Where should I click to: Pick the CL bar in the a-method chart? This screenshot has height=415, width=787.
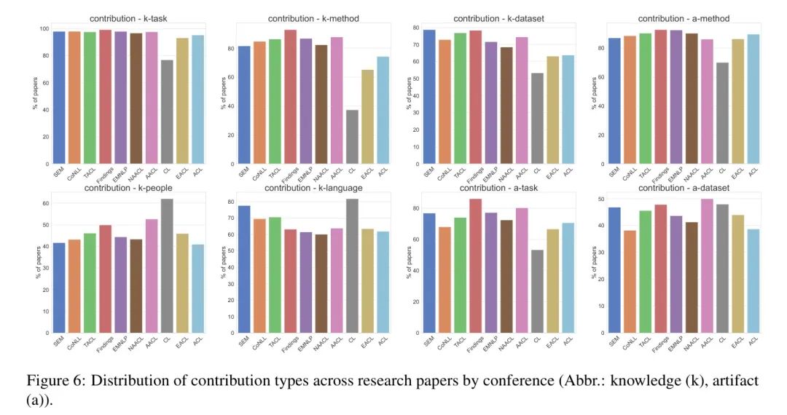(722, 113)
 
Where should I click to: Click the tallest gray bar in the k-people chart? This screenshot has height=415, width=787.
(167, 266)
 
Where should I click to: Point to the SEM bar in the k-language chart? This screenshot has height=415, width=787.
(243, 269)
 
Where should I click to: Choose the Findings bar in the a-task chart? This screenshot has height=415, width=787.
(475, 266)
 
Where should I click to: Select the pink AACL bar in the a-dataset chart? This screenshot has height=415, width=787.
(706, 266)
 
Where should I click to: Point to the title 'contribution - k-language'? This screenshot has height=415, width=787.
(313, 189)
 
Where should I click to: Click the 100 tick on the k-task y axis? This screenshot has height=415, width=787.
(44, 28)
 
